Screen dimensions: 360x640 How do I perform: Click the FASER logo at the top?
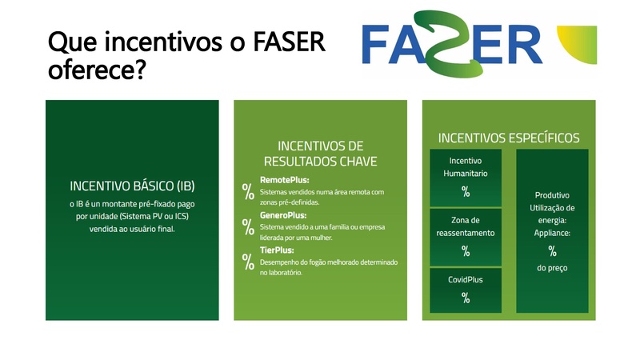452,43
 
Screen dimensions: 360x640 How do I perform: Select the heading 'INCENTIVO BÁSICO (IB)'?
132,186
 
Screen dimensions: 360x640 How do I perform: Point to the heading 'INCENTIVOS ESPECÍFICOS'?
509,138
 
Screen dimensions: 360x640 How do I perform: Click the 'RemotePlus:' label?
284,180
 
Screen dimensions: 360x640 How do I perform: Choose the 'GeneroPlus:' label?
284,215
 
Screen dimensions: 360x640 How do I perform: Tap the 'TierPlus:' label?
278,250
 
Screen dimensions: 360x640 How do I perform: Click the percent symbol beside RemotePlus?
248,191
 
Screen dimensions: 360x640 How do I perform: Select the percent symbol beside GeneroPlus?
248,226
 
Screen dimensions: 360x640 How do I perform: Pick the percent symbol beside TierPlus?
248,261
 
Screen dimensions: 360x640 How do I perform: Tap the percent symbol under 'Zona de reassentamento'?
466,250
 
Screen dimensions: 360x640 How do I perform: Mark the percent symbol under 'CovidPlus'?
466,298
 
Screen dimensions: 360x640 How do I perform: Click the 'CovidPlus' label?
466,279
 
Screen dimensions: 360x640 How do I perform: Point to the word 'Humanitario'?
466,173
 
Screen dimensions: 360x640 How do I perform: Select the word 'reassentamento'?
466,233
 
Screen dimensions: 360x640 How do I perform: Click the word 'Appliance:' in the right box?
552,233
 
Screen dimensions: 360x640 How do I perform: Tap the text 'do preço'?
552,267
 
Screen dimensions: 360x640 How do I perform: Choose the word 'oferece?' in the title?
95,70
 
